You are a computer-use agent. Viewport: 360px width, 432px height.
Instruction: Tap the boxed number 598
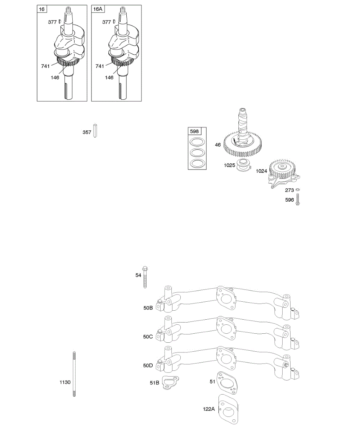coord(194,131)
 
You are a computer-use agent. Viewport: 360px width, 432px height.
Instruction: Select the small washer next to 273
coord(298,190)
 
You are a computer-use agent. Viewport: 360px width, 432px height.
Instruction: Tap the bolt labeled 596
coord(298,199)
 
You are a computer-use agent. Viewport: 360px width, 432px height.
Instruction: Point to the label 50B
coord(148,308)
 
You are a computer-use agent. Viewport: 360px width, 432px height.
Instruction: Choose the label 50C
coord(148,337)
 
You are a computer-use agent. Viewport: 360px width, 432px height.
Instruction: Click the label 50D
coord(148,365)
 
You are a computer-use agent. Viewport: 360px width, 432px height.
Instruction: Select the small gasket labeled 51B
coord(169,382)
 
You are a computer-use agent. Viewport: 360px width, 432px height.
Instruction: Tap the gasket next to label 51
coord(226,382)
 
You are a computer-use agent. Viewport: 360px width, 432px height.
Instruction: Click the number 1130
coord(65,382)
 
